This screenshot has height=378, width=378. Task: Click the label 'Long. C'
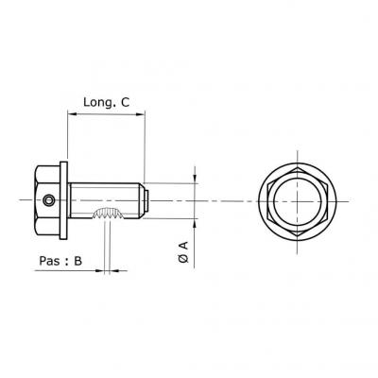pyautogui.click(x=106, y=102)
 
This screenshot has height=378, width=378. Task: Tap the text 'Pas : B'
pyautogui.click(x=60, y=261)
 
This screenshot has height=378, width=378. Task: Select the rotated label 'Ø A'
pyautogui.click(x=183, y=252)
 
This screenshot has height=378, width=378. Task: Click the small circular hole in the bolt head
pyautogui.click(x=49, y=200)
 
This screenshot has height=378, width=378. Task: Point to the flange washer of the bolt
pyautogui.click(x=63, y=200)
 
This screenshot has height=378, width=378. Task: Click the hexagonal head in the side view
pyautogui.click(x=46, y=200)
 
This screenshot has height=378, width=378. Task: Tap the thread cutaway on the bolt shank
pyautogui.click(x=108, y=214)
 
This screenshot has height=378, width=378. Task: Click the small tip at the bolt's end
pyautogui.click(x=146, y=200)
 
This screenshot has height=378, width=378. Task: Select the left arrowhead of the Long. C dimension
pyautogui.click(x=72, y=114)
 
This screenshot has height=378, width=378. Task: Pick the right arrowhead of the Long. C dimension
pyautogui.click(x=141, y=114)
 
